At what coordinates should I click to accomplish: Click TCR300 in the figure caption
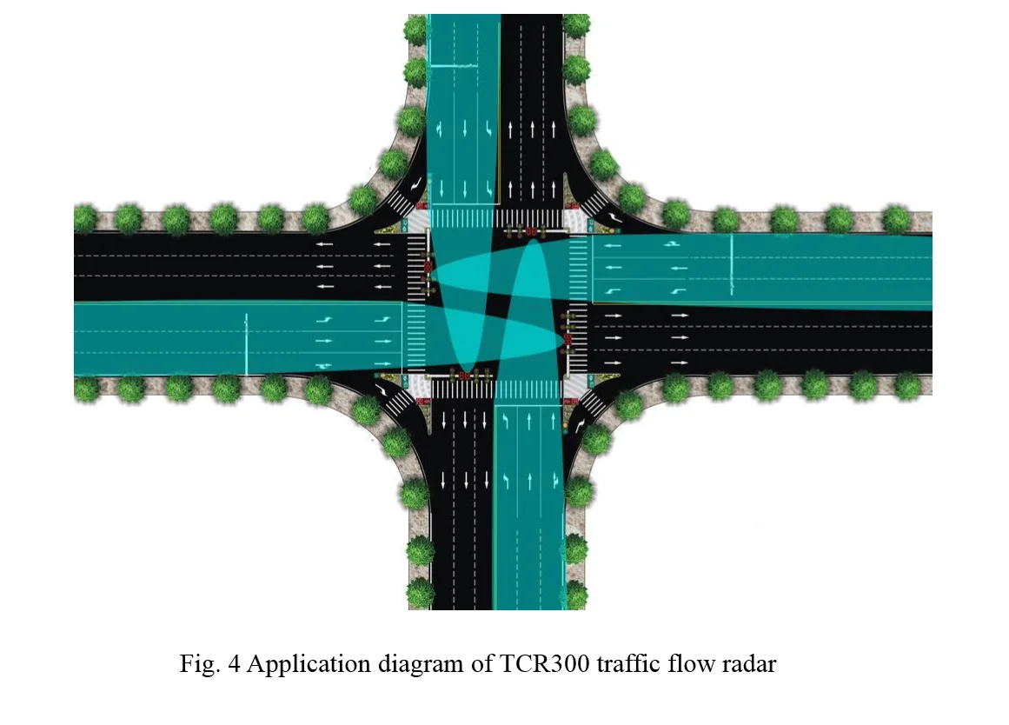544,663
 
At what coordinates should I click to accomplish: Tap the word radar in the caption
749,663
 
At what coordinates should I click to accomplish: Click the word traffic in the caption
628,663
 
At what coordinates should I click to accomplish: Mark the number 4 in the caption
235,663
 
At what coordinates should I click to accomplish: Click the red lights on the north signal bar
532,231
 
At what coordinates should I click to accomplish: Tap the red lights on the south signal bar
462,374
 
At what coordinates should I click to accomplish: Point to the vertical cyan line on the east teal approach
732,264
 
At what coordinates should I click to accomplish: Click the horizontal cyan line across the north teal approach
453,66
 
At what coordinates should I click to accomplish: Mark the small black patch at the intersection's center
495,302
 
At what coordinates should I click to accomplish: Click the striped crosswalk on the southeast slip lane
591,404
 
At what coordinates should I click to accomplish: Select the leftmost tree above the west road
85,218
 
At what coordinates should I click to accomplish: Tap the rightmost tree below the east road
907,385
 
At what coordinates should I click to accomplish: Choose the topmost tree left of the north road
415,29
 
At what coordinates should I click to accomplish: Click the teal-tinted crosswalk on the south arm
528,389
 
